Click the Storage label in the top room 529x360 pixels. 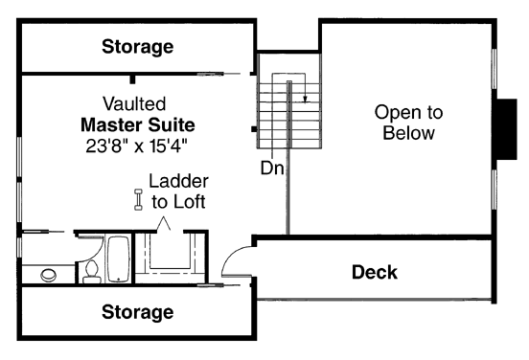click(138, 46)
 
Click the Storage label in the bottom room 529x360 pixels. click(138, 312)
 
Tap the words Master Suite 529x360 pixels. click(137, 125)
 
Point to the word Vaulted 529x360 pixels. click(134, 103)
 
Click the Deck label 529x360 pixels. click(374, 272)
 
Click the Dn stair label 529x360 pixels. click(271, 167)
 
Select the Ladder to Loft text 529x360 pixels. click(178, 191)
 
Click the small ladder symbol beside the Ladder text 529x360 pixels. click(137, 199)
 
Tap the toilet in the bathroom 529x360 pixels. click(92, 272)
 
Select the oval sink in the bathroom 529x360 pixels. click(48, 276)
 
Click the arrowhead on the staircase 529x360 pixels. click(305, 95)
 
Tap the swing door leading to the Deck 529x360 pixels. click(234, 260)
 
